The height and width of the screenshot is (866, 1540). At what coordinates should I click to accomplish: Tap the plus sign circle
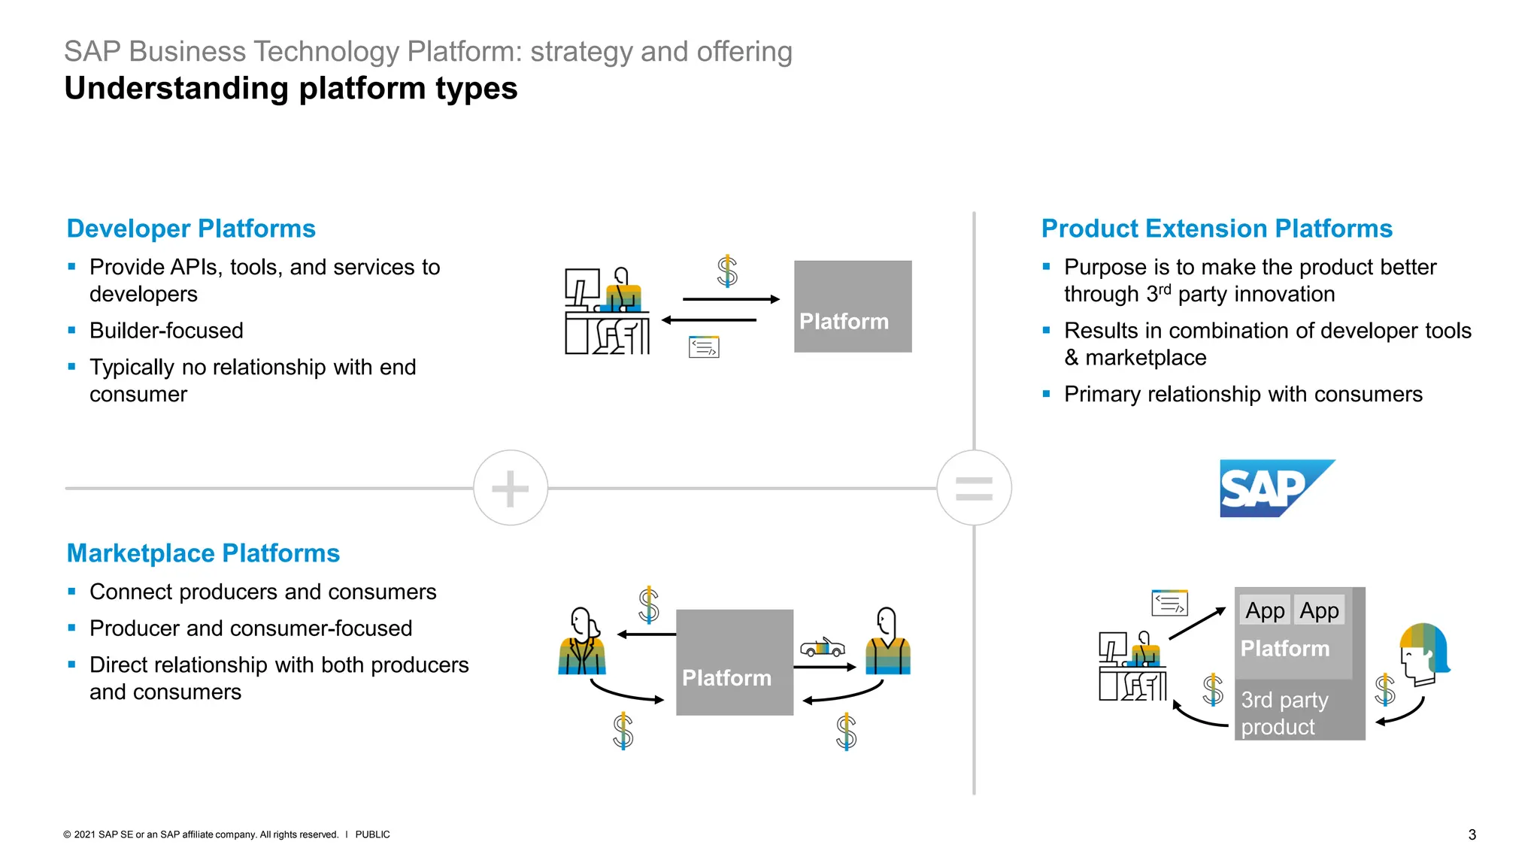coord(511,488)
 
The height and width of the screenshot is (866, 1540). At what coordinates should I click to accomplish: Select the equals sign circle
coord(974,488)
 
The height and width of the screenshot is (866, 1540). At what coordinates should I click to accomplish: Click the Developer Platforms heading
coord(191,229)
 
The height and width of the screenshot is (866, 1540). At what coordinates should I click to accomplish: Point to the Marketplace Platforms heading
coord(203,553)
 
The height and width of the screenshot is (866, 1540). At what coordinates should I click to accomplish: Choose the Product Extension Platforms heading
coord(1217,229)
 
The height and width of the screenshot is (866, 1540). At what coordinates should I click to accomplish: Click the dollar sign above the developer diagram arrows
coord(727,271)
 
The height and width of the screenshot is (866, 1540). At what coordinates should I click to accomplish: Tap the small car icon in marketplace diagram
coord(822,646)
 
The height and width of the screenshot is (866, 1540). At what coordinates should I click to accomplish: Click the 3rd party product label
coord(1284,713)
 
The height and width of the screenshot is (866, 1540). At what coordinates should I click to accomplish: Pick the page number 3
coord(1472,834)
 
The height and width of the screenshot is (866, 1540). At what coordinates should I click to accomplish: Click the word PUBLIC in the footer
coord(372,834)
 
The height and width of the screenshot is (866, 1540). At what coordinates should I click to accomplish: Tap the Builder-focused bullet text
coord(166,331)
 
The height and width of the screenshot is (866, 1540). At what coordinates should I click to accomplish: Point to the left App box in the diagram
coord(1265,610)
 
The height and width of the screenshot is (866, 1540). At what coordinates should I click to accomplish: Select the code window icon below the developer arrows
coord(704,347)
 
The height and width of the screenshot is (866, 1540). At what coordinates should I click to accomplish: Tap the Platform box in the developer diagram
coord(853,307)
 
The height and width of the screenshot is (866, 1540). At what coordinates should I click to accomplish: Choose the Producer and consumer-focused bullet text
coord(250,628)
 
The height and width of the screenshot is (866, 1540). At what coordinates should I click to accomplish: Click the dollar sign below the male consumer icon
coord(846,731)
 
